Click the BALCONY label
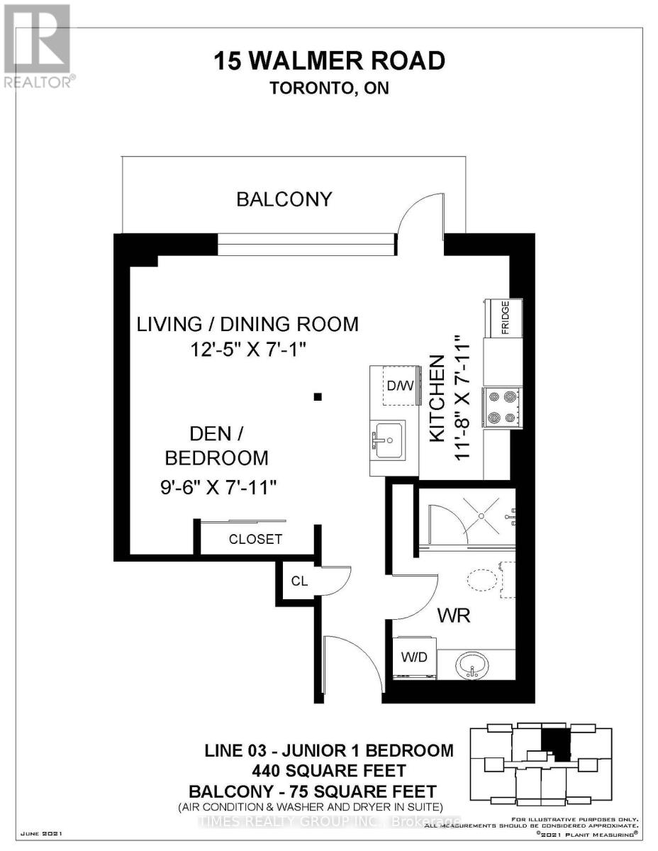tap(284, 199)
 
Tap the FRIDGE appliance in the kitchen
tap(503, 318)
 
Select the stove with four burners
tap(502, 408)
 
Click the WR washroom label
tap(454, 616)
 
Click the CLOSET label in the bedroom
tap(255, 539)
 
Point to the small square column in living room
tap(318, 397)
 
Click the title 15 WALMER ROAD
tap(330, 61)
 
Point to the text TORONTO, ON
tap(330, 89)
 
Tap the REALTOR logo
tap(37, 46)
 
